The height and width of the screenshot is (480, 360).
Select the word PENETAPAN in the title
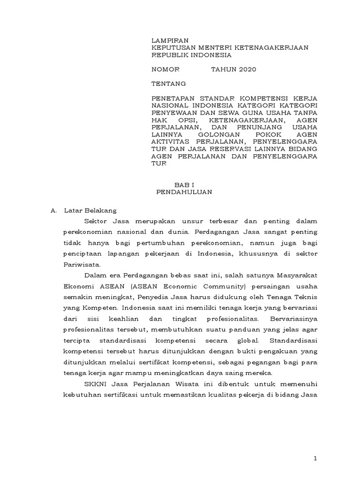[x=172, y=98]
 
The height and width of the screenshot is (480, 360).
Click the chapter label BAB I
[x=183, y=185]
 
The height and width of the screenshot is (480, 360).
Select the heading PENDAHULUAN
[x=184, y=192]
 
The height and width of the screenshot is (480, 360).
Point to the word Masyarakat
[x=295, y=275]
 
